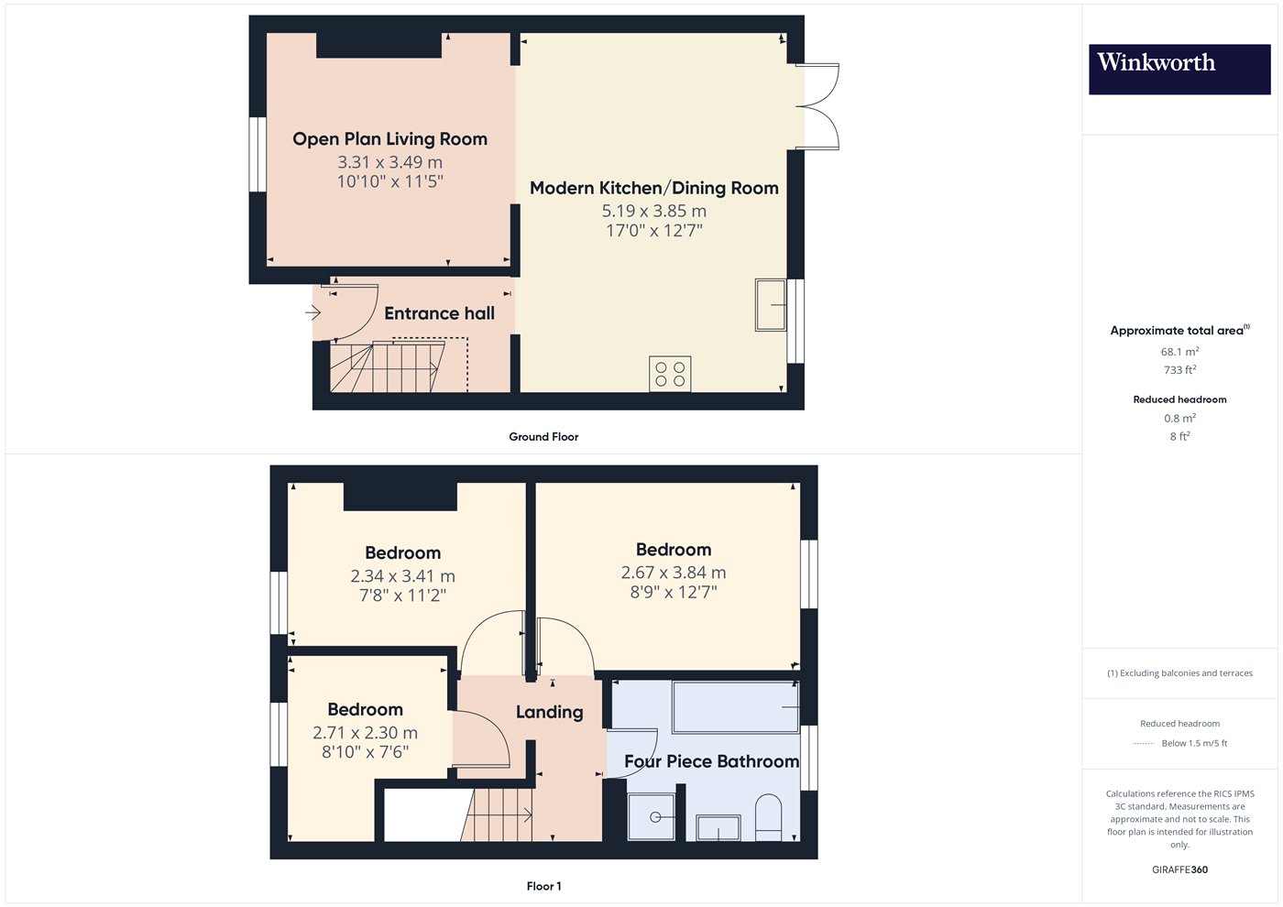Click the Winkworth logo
click(x=1179, y=70)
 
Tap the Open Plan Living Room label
click(x=390, y=139)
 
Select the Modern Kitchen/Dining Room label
click(x=654, y=188)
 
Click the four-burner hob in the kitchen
click(x=670, y=374)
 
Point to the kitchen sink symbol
click(x=771, y=305)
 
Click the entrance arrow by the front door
click(x=313, y=312)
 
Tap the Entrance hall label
click(x=439, y=313)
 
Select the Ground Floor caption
click(x=543, y=436)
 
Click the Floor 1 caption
click(x=543, y=886)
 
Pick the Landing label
click(x=549, y=712)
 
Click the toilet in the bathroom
click(x=768, y=817)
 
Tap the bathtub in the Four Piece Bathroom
click(x=735, y=707)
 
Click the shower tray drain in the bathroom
click(x=656, y=817)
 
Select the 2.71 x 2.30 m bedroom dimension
click(x=365, y=733)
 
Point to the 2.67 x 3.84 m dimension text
click(x=674, y=573)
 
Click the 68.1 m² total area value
click(x=1180, y=352)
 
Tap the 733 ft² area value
click(x=1180, y=370)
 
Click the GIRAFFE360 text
click(x=1180, y=869)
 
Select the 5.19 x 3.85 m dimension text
click(x=654, y=212)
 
